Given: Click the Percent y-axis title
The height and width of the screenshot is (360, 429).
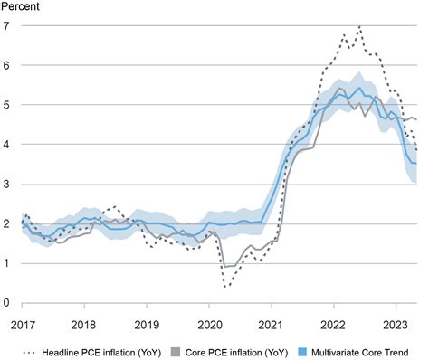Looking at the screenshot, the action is point(20,6).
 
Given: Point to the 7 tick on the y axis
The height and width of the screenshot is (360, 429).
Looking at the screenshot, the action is point(6,26).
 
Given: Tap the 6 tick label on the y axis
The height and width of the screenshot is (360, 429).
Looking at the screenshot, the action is point(6,65).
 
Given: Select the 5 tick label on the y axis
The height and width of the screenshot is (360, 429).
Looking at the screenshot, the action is point(6,105).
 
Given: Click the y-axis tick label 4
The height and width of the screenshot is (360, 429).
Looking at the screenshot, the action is point(6,145).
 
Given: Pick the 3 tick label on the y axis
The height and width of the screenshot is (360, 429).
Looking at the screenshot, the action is point(6,185).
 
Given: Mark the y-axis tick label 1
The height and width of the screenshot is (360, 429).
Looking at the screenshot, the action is point(6,263).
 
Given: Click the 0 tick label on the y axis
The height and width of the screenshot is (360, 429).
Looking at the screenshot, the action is point(6,303).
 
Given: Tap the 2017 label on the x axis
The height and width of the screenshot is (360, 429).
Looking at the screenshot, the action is point(23,326).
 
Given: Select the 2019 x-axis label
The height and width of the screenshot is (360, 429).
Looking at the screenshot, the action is point(147,326).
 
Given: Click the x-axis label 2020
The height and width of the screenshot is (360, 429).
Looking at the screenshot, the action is point(210,326).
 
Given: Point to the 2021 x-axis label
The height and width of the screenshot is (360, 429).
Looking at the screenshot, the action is point(272,326).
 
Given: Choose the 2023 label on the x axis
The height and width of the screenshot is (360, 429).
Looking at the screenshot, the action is point(396,326).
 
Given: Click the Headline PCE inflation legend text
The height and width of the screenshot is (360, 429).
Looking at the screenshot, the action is point(101,353).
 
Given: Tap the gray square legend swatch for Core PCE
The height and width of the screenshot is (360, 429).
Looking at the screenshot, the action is point(176,352).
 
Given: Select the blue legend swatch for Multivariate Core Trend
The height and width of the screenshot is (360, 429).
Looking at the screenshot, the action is point(302,352).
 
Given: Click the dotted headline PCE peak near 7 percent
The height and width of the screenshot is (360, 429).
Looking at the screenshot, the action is point(359,26).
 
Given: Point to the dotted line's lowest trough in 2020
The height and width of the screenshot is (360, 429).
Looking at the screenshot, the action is point(225,287).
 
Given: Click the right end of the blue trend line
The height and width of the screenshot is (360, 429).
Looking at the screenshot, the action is point(416,163).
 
